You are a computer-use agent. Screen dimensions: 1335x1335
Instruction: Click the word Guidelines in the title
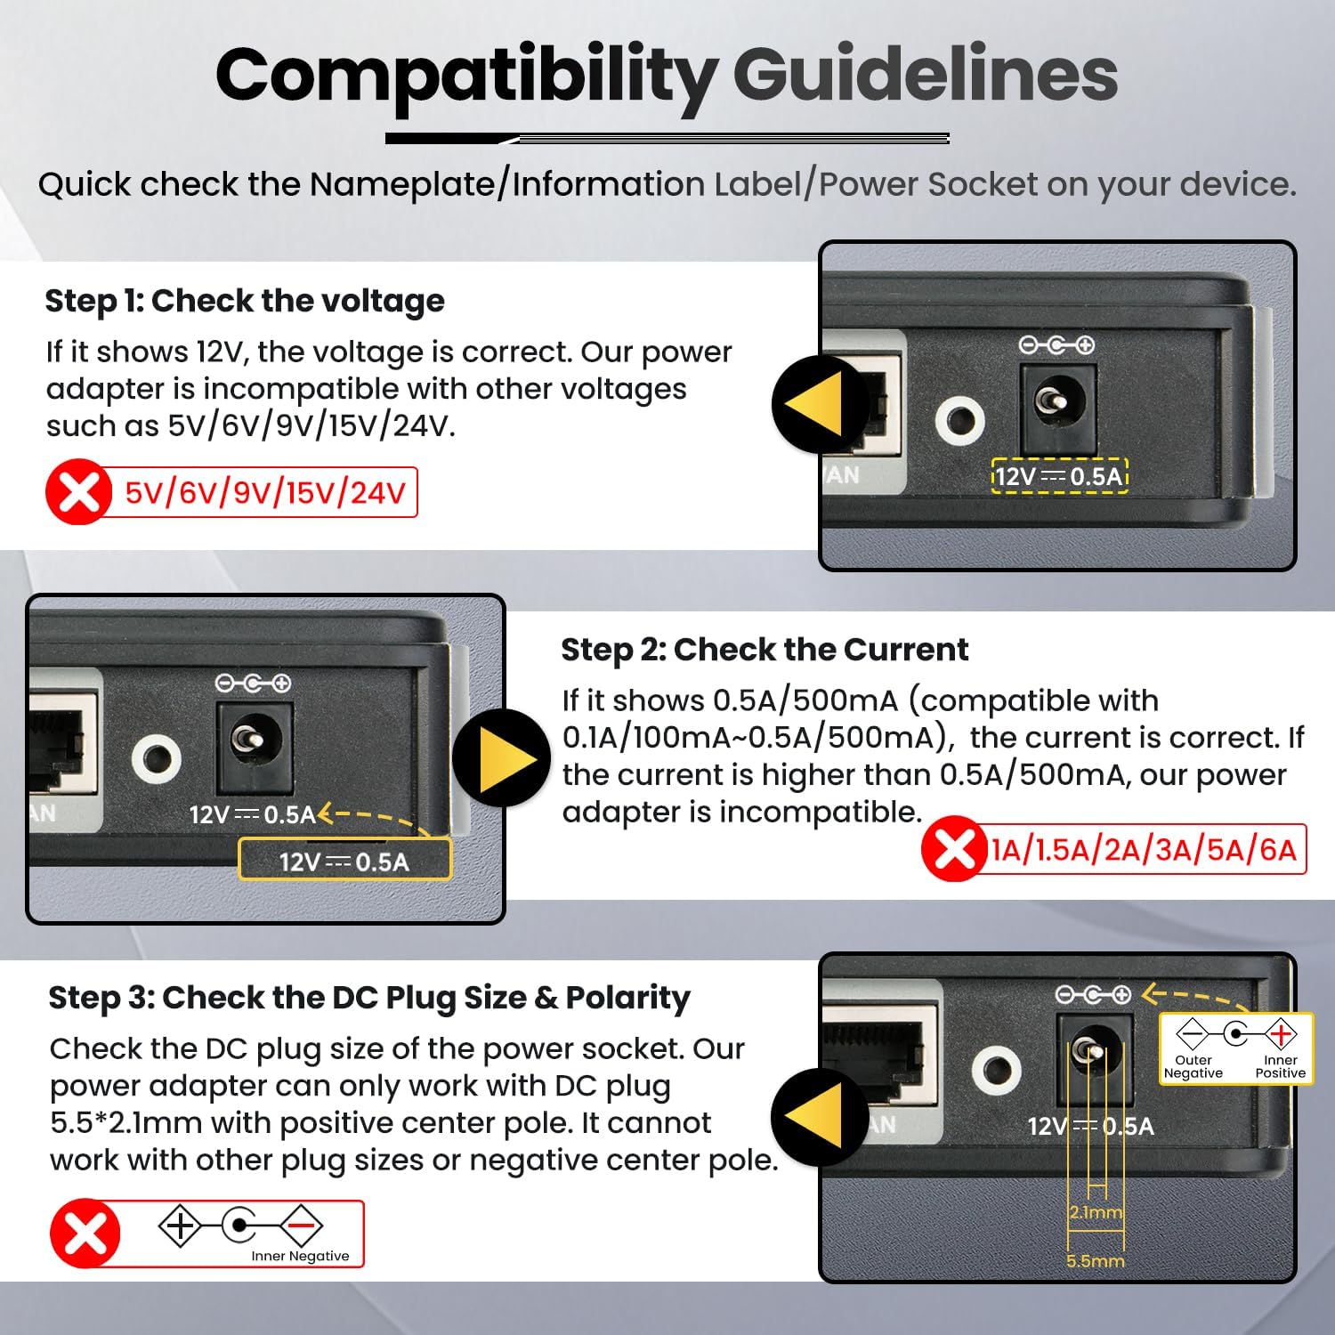(925, 76)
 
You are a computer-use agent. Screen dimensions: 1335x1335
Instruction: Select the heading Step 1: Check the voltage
(245, 301)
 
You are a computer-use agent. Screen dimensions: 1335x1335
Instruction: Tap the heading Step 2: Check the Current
(765, 650)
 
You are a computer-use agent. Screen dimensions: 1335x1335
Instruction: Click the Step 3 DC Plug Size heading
(369, 998)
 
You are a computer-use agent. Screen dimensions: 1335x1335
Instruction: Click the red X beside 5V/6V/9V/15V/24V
(78, 491)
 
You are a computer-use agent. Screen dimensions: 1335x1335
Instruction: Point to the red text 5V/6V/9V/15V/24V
(265, 492)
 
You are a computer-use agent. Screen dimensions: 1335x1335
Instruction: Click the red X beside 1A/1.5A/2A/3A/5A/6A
(954, 849)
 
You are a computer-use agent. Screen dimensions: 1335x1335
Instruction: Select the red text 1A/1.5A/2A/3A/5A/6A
(1144, 850)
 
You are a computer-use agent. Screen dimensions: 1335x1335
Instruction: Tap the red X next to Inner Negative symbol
(85, 1233)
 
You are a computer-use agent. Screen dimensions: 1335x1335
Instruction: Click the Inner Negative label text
(300, 1256)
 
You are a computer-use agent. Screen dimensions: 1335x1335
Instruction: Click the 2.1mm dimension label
(1096, 1212)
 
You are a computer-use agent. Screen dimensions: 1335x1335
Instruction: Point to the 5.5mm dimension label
(1096, 1261)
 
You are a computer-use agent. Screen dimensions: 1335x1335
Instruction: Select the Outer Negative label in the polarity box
(1193, 1066)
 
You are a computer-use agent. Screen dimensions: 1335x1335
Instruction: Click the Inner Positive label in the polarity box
(1281, 1066)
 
